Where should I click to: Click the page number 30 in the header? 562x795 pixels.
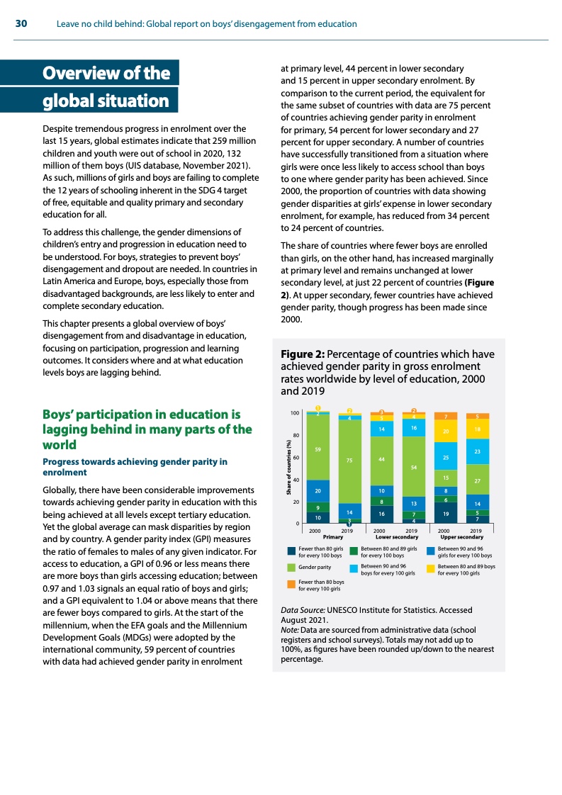(21, 24)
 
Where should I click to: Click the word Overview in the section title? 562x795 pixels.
(85, 73)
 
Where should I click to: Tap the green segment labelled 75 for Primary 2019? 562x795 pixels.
(350, 461)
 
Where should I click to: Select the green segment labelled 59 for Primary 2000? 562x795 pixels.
(318, 449)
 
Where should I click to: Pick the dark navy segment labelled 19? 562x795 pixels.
(446, 512)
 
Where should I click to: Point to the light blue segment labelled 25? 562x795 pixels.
(446, 458)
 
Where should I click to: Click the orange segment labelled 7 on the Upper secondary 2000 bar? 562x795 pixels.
(446, 416)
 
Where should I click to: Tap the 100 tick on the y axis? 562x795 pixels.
(295, 412)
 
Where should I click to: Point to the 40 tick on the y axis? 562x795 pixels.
(296, 480)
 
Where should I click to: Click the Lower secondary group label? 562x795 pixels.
(396, 537)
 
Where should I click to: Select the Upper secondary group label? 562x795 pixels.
(461, 537)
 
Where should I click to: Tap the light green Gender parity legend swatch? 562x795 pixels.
(291, 568)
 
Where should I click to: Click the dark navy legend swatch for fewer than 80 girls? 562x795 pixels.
(291, 551)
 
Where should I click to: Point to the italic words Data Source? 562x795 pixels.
(303, 609)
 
